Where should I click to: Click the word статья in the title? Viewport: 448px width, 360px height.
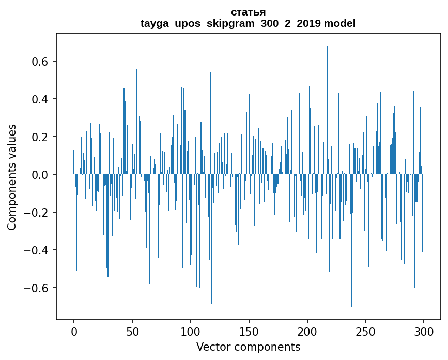click(x=248, y=12)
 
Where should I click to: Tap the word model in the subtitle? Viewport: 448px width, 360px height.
click(x=339, y=23)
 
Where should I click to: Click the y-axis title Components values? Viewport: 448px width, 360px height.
click(x=12, y=177)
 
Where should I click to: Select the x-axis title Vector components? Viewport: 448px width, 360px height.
click(x=248, y=347)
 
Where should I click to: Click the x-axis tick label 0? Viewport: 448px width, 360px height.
click(x=74, y=331)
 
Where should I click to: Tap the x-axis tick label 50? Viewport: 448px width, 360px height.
click(x=132, y=331)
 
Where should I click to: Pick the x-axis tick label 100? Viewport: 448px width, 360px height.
click(x=191, y=331)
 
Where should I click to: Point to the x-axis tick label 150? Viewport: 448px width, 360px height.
click(x=249, y=331)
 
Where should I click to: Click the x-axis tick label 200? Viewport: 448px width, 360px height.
click(x=307, y=331)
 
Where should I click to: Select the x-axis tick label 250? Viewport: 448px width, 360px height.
click(x=365, y=331)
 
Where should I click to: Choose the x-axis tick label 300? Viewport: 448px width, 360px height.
click(x=424, y=331)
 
